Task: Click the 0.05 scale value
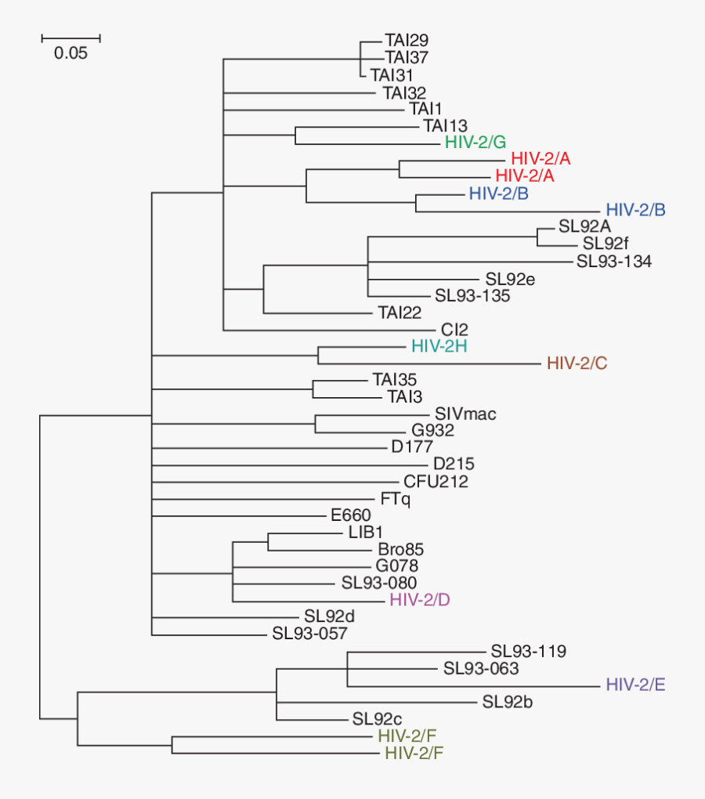click(71, 54)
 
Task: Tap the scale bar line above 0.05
click(71, 37)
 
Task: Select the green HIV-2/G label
click(475, 142)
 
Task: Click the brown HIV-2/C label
click(577, 363)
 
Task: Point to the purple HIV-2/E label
click(635, 685)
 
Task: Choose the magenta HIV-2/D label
click(419, 600)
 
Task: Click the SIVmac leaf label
click(465, 414)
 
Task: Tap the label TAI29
click(407, 40)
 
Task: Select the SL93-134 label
click(614, 261)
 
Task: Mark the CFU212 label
click(436, 481)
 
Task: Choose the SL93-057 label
click(309, 633)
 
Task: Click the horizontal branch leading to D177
click(266, 448)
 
